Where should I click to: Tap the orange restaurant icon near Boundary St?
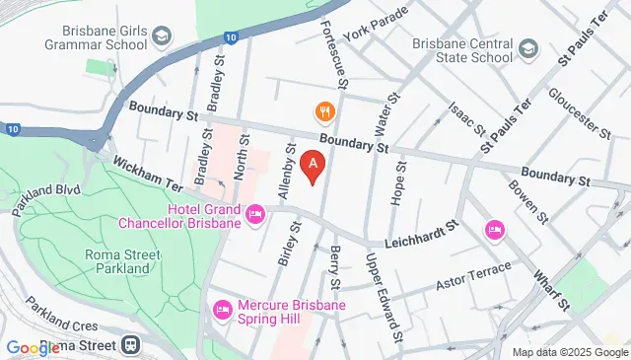321,110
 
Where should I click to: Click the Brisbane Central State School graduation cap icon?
528,48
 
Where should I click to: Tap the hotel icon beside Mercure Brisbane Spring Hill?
222,310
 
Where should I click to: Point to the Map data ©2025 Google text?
570,352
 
